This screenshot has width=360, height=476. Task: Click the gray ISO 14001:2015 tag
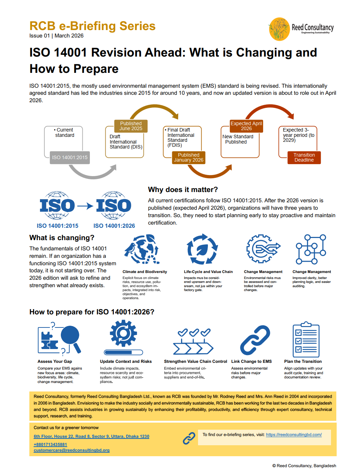(x=70, y=158)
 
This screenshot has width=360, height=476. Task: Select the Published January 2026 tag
(x=188, y=158)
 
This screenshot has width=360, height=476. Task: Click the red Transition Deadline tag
(x=304, y=158)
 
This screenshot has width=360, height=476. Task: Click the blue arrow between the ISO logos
(x=85, y=206)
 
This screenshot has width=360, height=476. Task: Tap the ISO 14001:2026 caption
(x=114, y=226)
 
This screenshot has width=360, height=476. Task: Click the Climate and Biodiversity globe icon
(x=142, y=249)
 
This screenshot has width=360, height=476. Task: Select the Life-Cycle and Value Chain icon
(x=202, y=249)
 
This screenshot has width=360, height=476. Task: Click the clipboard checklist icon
(x=306, y=340)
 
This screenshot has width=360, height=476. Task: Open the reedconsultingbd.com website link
(x=294, y=435)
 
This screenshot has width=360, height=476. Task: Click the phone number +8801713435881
(x=50, y=445)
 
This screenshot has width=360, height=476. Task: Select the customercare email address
(x=71, y=451)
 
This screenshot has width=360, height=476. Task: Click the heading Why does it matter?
(x=183, y=190)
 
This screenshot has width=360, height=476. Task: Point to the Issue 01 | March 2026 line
(x=57, y=36)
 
